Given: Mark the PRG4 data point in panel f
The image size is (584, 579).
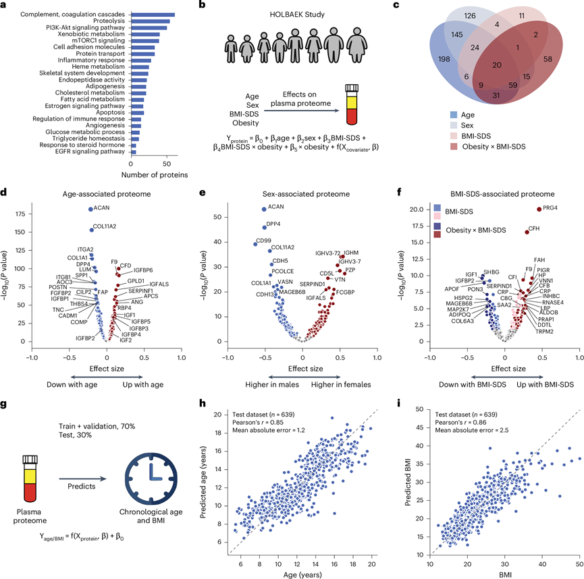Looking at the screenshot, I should (x=539, y=209).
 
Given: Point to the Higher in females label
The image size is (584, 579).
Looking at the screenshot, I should (x=340, y=385).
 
